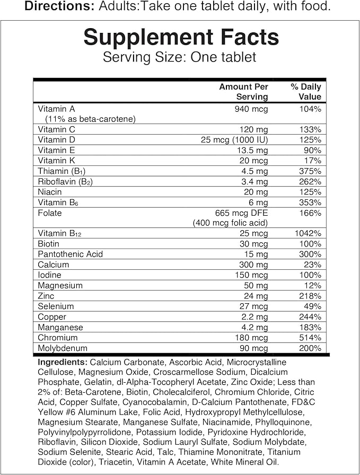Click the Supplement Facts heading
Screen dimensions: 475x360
(181, 38)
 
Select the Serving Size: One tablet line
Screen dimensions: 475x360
(180, 57)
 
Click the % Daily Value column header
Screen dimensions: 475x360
(306, 92)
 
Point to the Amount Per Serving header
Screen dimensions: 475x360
(244, 92)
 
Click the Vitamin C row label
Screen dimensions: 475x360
(57, 129)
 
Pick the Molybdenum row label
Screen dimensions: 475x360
(63, 348)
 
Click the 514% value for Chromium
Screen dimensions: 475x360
(310, 338)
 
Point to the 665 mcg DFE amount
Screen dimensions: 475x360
(243, 213)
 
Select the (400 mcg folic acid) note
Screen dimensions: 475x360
(230, 223)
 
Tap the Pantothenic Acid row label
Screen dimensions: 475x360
(71, 254)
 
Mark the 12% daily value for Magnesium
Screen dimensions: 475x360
(312, 286)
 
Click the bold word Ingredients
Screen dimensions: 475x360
(63, 362)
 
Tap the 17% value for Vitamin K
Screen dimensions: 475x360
(312, 161)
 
